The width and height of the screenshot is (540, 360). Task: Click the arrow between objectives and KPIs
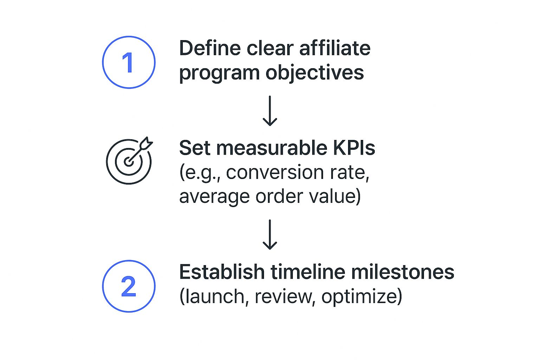pyautogui.click(x=270, y=111)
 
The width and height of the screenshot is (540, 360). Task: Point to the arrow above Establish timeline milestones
pyautogui.click(x=270, y=234)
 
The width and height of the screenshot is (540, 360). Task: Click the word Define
pyautogui.click(x=210, y=48)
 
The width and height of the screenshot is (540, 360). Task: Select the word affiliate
pyautogui.click(x=335, y=48)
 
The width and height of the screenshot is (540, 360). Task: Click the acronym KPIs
pyautogui.click(x=354, y=148)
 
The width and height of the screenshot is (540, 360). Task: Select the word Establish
pyautogui.click(x=222, y=272)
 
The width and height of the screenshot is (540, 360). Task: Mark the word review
pyautogui.click(x=283, y=297)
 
